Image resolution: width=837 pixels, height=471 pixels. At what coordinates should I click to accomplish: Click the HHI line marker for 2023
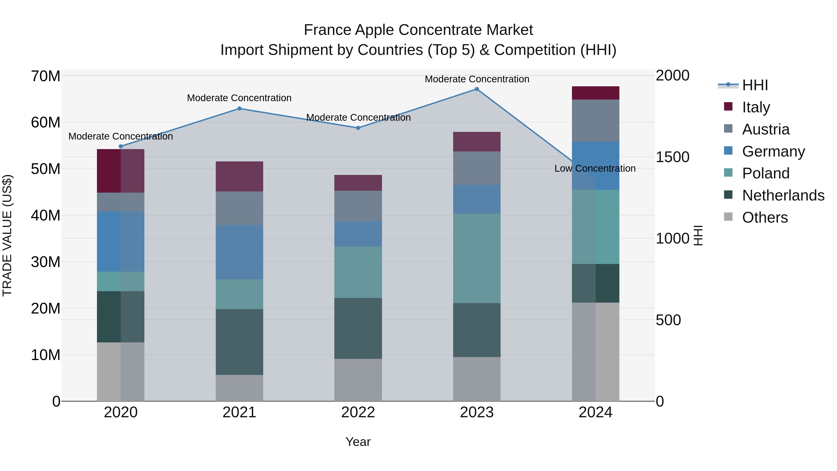(x=477, y=89)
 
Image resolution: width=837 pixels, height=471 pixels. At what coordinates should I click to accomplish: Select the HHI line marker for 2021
(x=239, y=109)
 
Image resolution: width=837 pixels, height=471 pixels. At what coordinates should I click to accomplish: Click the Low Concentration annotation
(x=595, y=168)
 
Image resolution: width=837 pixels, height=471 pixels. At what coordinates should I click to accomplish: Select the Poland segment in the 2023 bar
(x=477, y=258)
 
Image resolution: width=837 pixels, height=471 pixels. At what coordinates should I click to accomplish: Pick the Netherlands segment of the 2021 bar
(x=239, y=342)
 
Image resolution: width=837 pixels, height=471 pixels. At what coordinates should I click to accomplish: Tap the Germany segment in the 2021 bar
(x=239, y=252)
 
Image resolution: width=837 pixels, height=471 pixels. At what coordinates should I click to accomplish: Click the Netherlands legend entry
(x=783, y=195)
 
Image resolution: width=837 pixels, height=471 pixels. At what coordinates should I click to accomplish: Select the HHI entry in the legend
(x=755, y=85)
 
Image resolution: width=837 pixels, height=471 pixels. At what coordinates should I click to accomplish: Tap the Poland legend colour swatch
(x=728, y=173)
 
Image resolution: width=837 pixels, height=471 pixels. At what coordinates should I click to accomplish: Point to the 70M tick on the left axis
(x=46, y=76)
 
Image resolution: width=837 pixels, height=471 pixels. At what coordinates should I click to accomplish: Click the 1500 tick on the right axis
(x=672, y=157)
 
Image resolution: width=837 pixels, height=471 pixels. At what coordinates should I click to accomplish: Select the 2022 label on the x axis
(x=358, y=412)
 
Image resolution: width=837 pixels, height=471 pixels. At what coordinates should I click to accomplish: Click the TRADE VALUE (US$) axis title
(x=7, y=235)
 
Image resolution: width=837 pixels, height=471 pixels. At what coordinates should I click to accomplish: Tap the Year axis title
(x=358, y=442)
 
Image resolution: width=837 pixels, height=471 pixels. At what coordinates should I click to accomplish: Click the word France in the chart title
(x=328, y=30)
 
